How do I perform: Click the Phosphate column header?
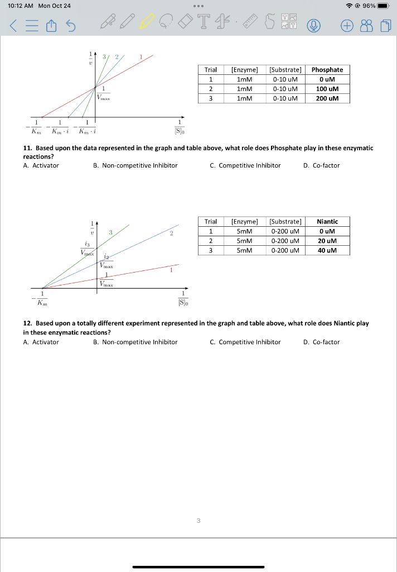click(x=327, y=70)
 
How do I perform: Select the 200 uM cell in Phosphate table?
click(x=327, y=98)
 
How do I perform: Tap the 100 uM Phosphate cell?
click(x=327, y=89)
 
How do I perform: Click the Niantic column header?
click(x=327, y=222)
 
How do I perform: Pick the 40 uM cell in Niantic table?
click(x=327, y=250)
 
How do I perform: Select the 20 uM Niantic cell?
click(x=327, y=241)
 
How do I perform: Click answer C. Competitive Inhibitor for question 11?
click(x=245, y=165)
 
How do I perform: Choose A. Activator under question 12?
click(x=41, y=342)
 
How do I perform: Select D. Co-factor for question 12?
click(x=322, y=342)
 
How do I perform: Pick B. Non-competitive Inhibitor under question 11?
click(x=135, y=165)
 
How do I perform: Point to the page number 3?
click(x=198, y=521)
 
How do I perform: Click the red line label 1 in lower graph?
click(x=172, y=270)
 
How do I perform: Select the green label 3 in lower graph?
click(x=110, y=232)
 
